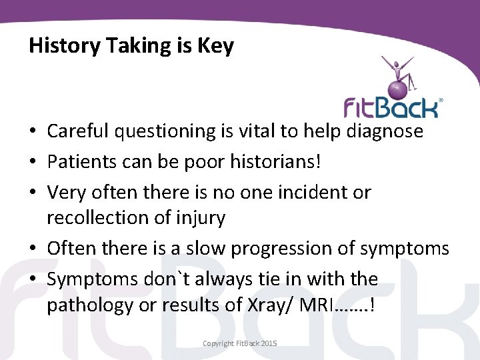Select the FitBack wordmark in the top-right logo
391,107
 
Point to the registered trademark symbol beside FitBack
441,100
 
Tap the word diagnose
385,131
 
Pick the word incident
313,193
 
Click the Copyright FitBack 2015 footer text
240,343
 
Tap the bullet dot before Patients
33,163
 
